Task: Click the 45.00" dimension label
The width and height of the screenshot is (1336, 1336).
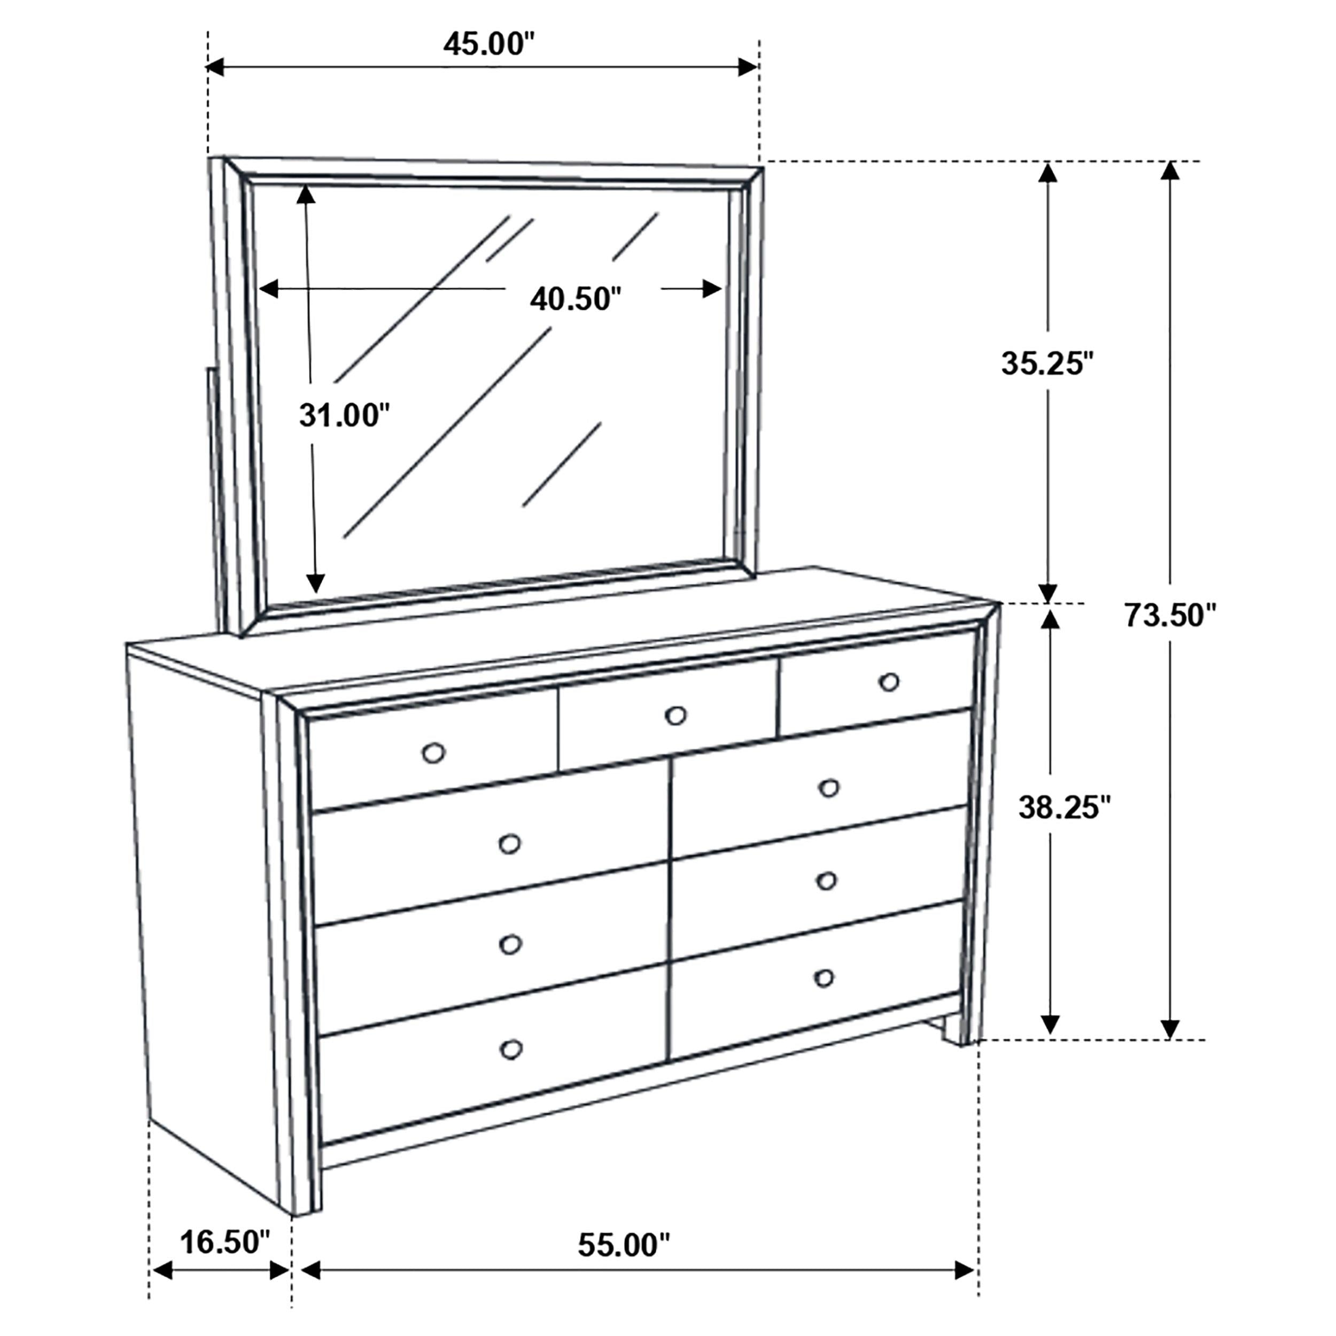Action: pos(489,44)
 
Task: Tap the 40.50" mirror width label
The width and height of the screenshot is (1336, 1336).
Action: pos(576,299)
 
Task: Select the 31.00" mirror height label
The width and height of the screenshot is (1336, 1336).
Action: pos(344,416)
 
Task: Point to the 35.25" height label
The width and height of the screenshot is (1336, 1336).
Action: pos(1047,364)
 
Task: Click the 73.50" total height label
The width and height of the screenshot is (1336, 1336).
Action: pos(1169,616)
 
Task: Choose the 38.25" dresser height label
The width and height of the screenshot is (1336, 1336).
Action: pos(1064,807)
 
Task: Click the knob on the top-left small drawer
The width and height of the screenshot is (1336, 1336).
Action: pos(433,753)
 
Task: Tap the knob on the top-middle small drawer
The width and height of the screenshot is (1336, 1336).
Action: pos(675,716)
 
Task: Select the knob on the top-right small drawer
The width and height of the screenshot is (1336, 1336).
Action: pos(889,682)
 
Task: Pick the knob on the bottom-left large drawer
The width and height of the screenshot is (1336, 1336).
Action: pos(511,1050)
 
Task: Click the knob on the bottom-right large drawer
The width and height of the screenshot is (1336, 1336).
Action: pos(824,978)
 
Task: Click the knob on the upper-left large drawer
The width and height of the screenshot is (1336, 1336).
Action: pos(510,844)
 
